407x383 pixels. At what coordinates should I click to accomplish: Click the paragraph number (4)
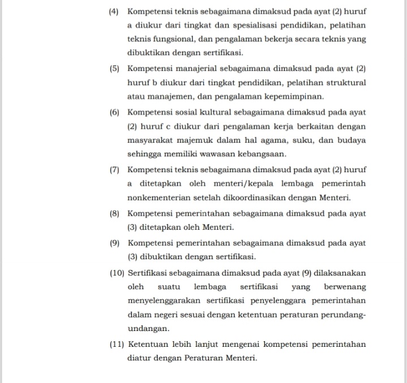pos(115,11)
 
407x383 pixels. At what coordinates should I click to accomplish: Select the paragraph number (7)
pos(115,169)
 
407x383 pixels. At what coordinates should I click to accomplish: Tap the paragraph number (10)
pos(117,273)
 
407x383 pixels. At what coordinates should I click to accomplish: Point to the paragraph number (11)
pos(117,344)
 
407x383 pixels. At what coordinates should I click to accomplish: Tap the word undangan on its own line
pos(148,329)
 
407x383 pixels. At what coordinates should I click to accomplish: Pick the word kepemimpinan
pos(296,97)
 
